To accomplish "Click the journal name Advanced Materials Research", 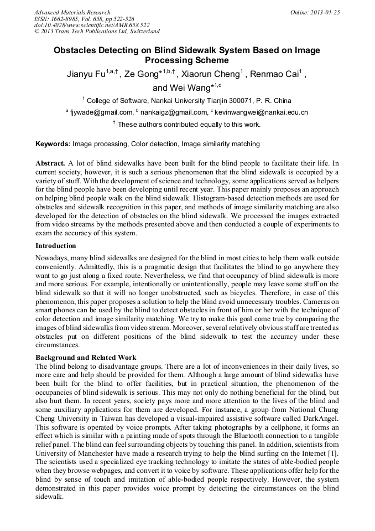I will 72,12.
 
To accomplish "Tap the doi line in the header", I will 92,25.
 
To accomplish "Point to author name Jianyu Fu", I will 84,75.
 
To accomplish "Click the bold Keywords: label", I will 53,144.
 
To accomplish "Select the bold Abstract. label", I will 51,164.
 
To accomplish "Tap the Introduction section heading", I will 56,246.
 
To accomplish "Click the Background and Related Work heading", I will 86,358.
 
